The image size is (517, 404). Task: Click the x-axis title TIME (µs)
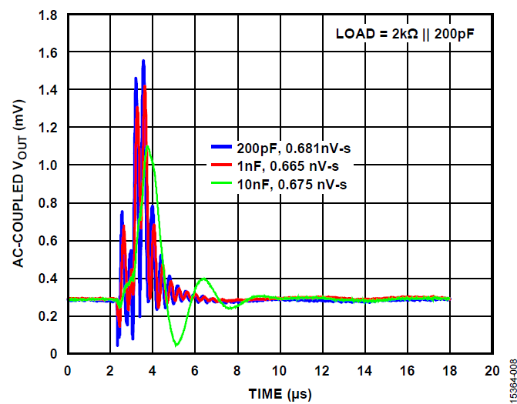pyautogui.click(x=280, y=394)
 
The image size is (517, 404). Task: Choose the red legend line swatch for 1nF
pyautogui.click(x=222, y=165)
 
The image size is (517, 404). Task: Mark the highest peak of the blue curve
pyautogui.click(x=143, y=61)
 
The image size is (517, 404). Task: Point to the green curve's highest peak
pyautogui.click(x=148, y=146)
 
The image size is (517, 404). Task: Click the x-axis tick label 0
pyautogui.click(x=69, y=370)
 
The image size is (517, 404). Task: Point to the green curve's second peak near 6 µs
pyautogui.click(x=203, y=279)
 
